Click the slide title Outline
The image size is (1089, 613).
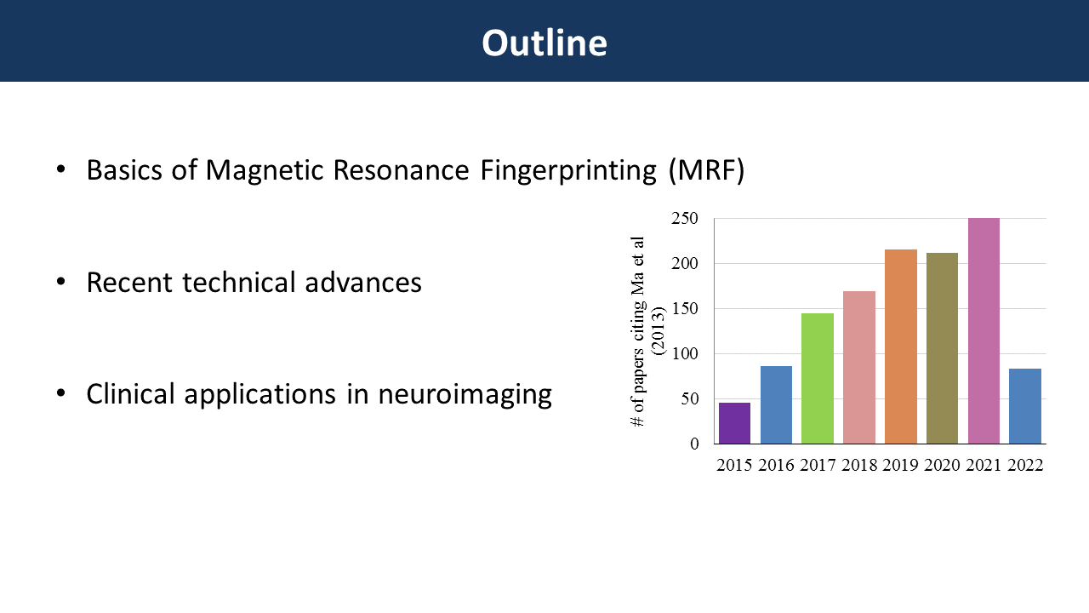point(544,43)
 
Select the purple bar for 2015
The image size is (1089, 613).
point(734,423)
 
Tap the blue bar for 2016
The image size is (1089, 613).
point(776,404)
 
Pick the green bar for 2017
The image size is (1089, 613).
point(818,379)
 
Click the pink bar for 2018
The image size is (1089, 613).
point(859,367)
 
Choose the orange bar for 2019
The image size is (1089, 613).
point(901,347)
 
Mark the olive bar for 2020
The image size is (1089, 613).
point(942,348)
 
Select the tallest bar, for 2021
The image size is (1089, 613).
point(984,331)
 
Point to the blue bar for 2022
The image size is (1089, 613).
point(1025,406)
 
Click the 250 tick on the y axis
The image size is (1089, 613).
point(685,219)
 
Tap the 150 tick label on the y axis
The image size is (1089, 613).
point(685,308)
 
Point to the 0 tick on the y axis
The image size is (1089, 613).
point(694,444)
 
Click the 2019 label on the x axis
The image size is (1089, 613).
point(900,465)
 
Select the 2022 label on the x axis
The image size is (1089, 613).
point(1025,465)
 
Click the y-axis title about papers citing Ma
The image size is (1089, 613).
point(647,332)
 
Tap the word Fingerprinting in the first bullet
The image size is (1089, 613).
point(568,171)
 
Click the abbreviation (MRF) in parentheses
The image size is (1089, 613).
point(706,171)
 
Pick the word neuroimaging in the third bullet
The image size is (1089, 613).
point(465,394)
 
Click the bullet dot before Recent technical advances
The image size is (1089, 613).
point(60,281)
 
